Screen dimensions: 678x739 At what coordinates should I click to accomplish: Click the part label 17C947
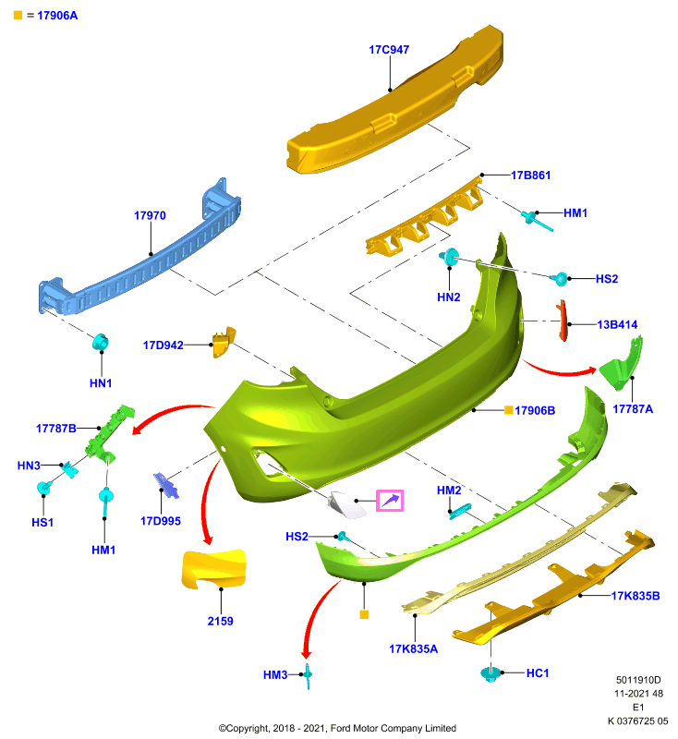(x=389, y=50)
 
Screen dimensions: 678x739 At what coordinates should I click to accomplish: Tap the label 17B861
(x=530, y=176)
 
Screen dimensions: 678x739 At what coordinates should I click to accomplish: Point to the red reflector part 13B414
(x=563, y=321)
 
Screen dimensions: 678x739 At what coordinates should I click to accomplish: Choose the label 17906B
(x=535, y=410)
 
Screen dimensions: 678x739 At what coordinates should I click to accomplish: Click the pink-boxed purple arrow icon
(x=390, y=501)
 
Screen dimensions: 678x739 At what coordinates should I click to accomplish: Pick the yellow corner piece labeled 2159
(x=213, y=569)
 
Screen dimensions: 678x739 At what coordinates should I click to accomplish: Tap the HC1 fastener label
(x=538, y=673)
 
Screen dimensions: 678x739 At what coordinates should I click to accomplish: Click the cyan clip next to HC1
(x=490, y=673)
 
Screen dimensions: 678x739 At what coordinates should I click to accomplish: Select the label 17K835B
(x=636, y=596)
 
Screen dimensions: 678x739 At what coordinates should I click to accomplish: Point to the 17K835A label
(x=413, y=649)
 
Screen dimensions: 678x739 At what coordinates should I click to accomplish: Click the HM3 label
(x=275, y=675)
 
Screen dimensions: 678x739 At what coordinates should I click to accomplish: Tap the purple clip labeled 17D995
(x=166, y=486)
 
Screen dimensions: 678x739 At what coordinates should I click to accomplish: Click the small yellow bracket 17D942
(x=224, y=342)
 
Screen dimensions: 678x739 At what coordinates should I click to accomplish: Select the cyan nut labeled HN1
(x=100, y=342)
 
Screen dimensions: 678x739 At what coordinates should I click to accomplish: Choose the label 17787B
(x=56, y=429)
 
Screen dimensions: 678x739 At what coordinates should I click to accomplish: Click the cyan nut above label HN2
(x=450, y=257)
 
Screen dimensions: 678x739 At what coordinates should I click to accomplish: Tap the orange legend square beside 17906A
(x=18, y=15)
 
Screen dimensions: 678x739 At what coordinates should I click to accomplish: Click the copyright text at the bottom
(x=337, y=728)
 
